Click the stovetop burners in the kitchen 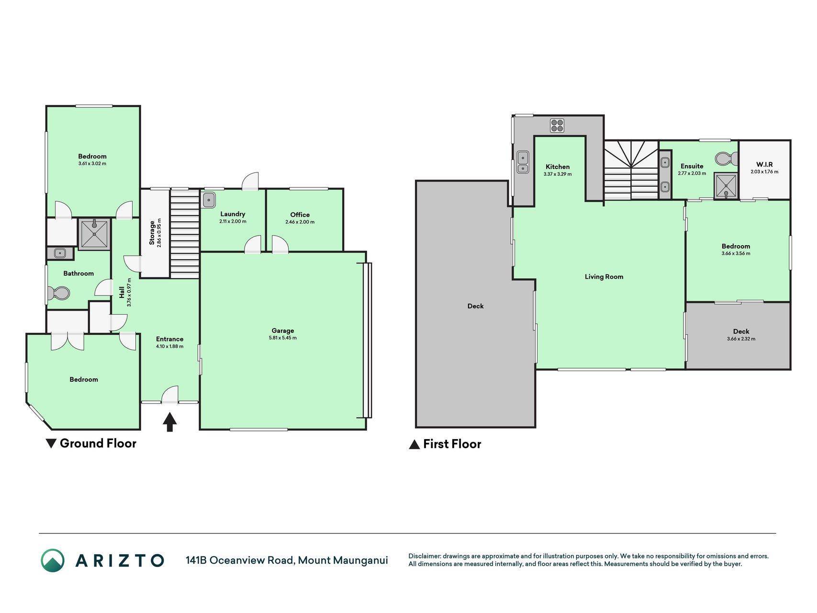pos(557,125)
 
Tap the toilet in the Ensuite pos(727,158)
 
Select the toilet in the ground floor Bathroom pos(58,293)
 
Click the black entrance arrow pos(170,422)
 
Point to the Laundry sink pos(209,200)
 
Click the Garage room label pos(283,330)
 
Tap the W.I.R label pos(764,164)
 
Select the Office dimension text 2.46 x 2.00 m pos(300,222)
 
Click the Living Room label pos(604,276)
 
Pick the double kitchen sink pos(523,162)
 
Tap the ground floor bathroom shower pos(94,234)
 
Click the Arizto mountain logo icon pos(53,560)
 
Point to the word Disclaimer pos(424,556)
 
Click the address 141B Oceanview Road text pos(240,560)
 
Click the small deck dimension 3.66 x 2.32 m pos(741,339)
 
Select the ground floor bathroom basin pos(60,253)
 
